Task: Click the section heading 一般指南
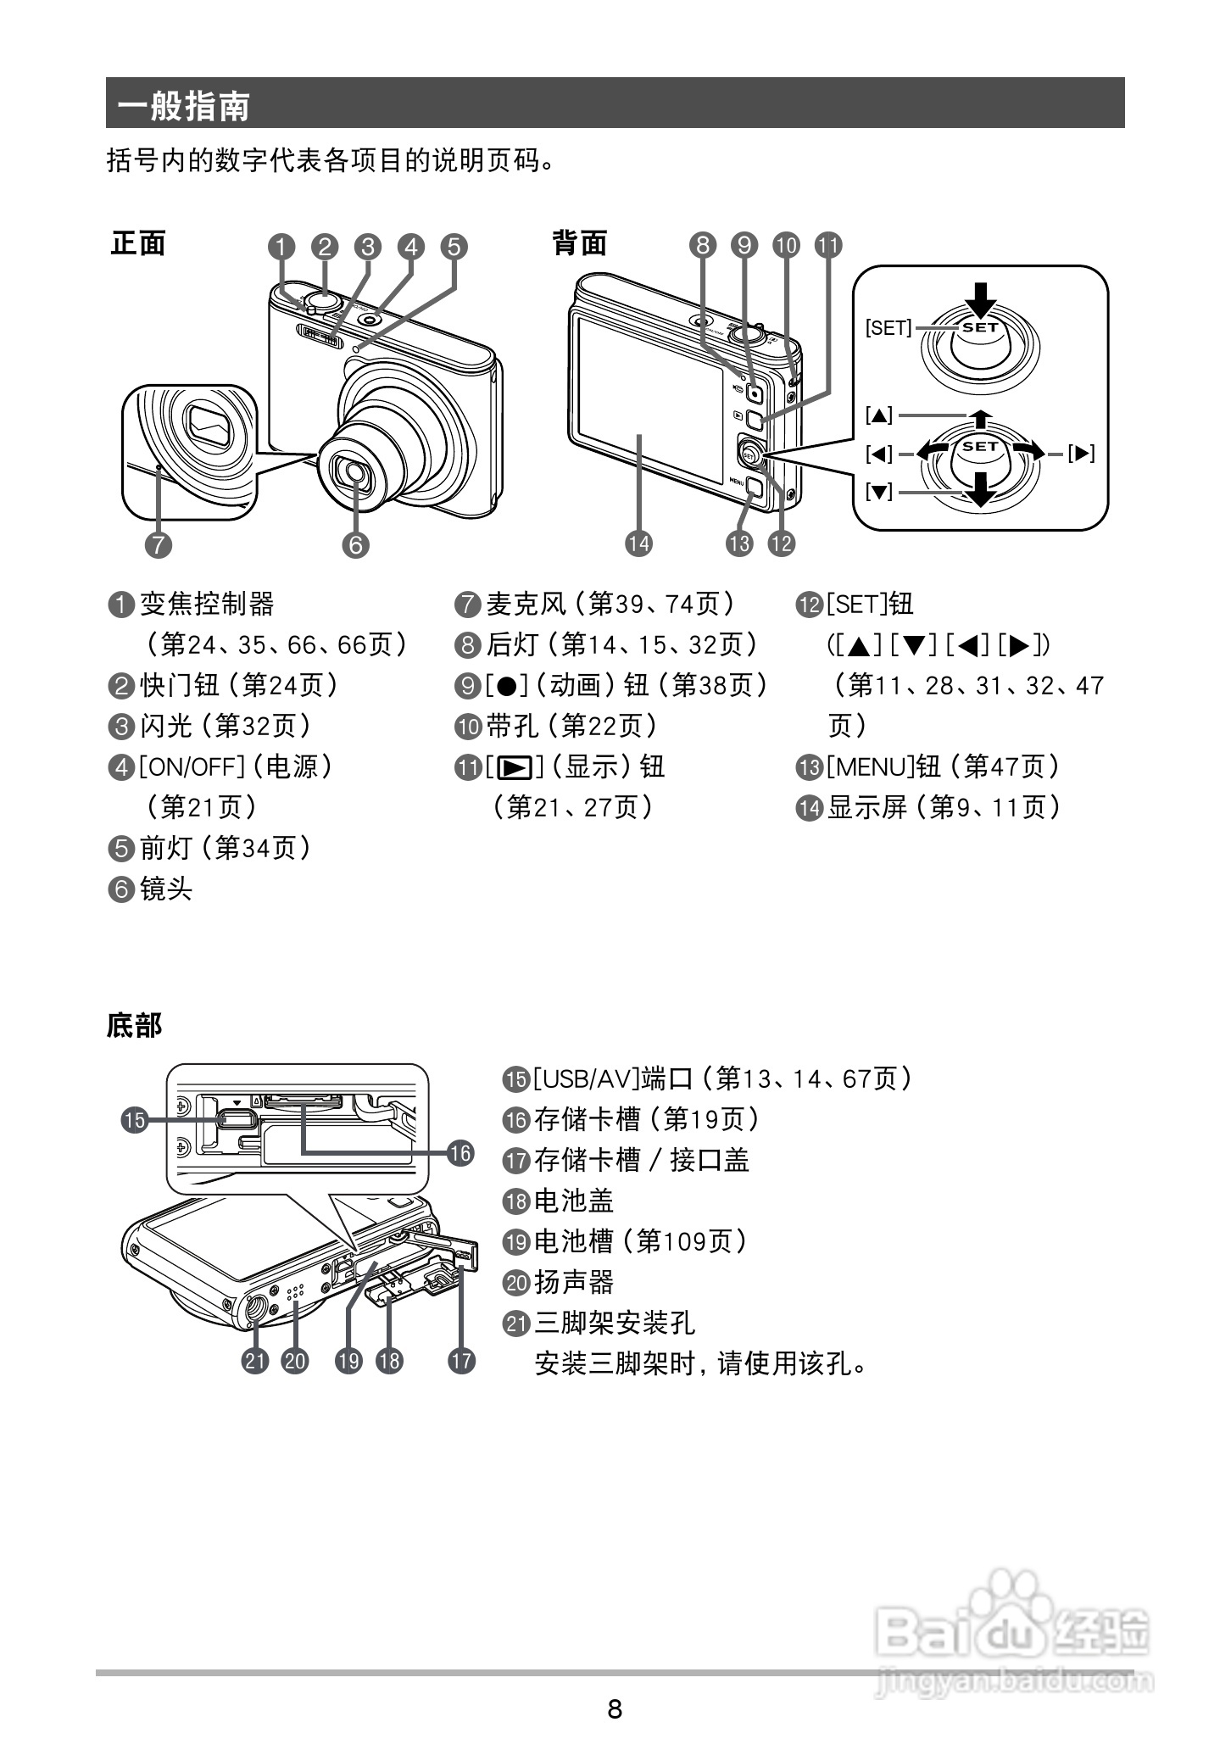click(x=184, y=107)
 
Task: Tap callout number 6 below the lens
click(x=355, y=544)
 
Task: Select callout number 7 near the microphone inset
click(x=159, y=544)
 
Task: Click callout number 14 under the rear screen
click(x=638, y=543)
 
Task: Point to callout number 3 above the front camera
click(x=367, y=247)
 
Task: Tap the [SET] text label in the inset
click(x=888, y=327)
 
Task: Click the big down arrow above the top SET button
click(x=981, y=298)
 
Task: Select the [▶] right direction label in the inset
click(x=1081, y=454)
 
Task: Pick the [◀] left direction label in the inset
click(x=879, y=454)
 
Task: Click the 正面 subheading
click(x=138, y=243)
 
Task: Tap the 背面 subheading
click(x=580, y=243)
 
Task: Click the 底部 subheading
click(x=134, y=1025)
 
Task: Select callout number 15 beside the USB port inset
click(x=134, y=1120)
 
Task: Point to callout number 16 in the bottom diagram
click(x=460, y=1153)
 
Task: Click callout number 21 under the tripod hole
click(x=255, y=1361)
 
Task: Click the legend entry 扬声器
click(x=573, y=1282)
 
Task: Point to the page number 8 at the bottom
click(x=615, y=1708)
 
